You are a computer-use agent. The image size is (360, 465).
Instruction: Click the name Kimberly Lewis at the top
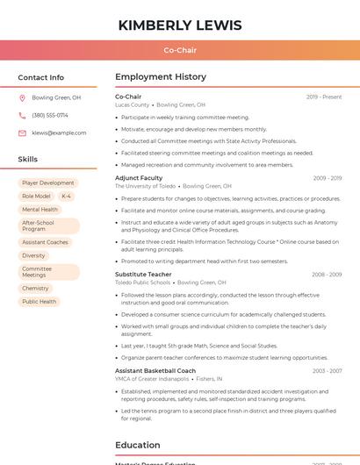click(180, 25)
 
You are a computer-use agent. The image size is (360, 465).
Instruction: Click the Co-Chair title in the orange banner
click(180, 50)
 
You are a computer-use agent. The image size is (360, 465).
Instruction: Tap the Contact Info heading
click(40, 77)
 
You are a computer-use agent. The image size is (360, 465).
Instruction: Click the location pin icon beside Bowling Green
click(22, 98)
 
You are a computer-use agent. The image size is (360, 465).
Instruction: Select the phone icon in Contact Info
click(22, 115)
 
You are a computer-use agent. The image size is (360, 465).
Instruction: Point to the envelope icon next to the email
click(22, 132)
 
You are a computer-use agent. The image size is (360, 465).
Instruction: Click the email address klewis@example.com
click(59, 132)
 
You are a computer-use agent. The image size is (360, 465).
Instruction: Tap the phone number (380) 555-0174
click(50, 115)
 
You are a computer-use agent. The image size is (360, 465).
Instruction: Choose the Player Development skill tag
click(48, 183)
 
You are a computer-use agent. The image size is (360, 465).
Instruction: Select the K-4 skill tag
click(67, 197)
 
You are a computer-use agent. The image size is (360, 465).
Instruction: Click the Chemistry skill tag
click(35, 288)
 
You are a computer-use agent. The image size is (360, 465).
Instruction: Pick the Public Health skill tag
click(39, 302)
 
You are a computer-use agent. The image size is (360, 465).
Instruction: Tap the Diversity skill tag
click(33, 255)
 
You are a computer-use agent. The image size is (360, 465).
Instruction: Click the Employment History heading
click(161, 77)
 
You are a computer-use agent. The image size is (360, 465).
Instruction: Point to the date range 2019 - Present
click(323, 97)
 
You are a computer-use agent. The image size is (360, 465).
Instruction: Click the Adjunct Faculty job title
click(139, 178)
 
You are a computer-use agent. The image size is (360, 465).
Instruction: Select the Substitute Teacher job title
click(143, 275)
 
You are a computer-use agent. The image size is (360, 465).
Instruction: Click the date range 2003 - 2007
click(327, 371)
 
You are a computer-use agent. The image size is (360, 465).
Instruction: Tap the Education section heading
click(137, 445)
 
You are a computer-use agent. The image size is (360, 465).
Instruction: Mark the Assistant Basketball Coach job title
click(155, 371)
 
